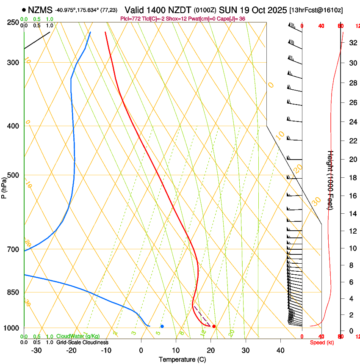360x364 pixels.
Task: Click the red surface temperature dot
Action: tap(214, 326)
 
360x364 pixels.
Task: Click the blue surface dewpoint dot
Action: tap(162, 326)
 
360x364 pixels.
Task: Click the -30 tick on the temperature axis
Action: tap(36, 350)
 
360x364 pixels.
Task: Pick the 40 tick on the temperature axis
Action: tap(280, 350)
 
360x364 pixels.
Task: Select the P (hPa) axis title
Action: tap(4, 186)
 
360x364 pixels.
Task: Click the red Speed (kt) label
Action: tap(322, 342)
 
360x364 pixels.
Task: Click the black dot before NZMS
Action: tap(24, 10)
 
